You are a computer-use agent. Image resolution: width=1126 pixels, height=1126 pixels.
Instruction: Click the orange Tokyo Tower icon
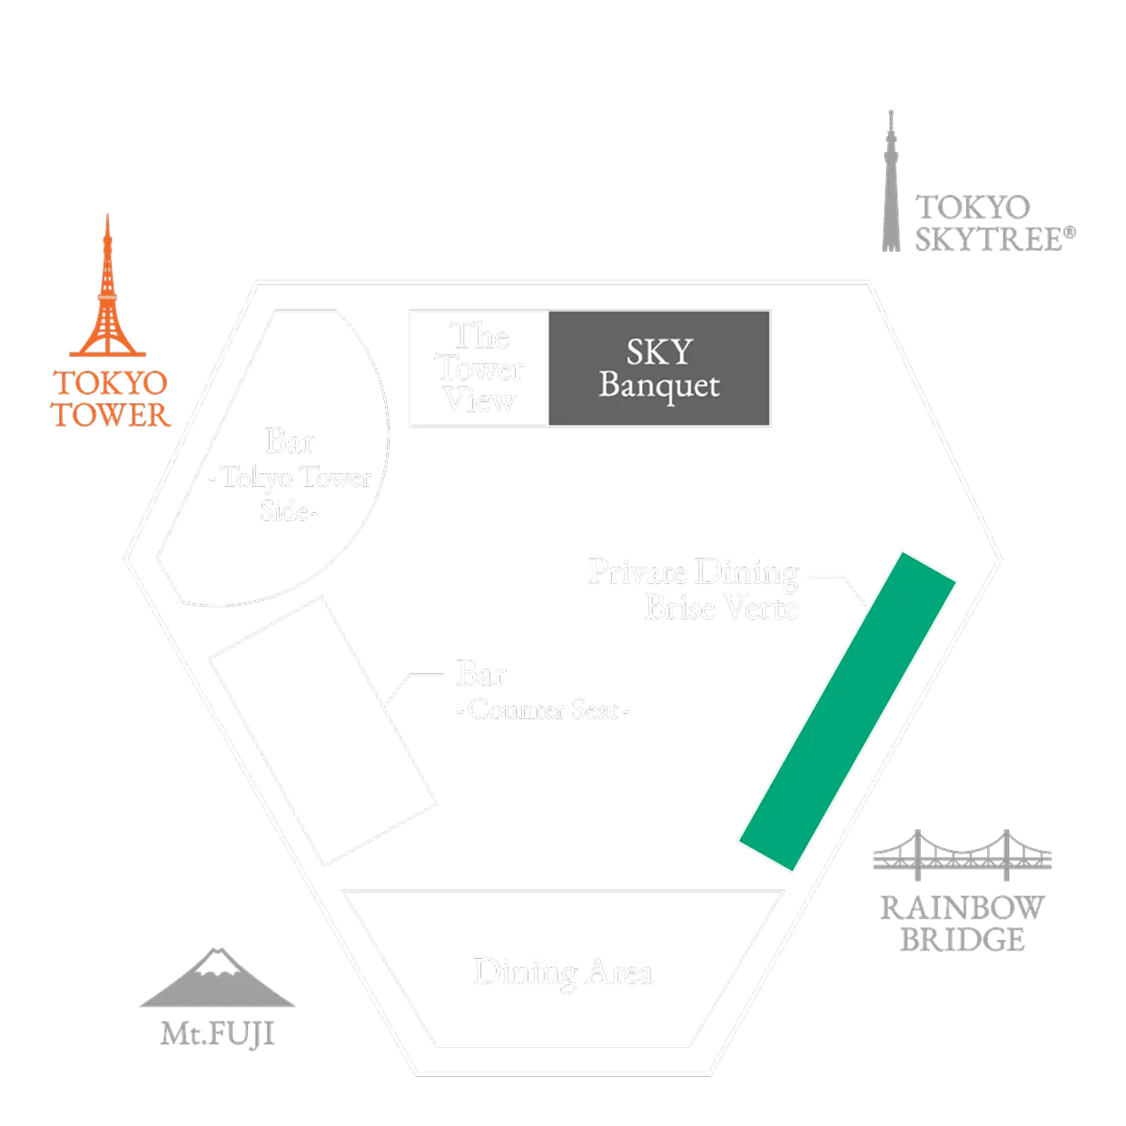(107, 291)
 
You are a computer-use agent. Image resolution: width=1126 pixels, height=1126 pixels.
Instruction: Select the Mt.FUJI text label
(218, 1032)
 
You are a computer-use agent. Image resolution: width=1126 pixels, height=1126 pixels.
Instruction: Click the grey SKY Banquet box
(660, 368)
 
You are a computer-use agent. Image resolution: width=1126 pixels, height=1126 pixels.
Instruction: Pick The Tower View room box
(479, 368)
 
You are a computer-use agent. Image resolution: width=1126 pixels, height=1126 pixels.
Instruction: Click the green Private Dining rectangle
(846, 708)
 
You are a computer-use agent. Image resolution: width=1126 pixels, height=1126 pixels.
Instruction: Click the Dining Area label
(563, 973)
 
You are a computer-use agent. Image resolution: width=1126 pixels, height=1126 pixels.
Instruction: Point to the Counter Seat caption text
(541, 711)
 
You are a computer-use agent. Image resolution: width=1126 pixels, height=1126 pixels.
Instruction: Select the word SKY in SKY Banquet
(659, 351)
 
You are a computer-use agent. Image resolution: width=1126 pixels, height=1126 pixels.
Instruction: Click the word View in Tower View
(480, 400)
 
